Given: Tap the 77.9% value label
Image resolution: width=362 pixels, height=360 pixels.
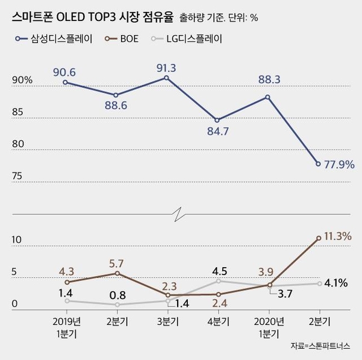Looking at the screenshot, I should point(337,164).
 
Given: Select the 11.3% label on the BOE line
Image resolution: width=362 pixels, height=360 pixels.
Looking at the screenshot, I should point(337,236).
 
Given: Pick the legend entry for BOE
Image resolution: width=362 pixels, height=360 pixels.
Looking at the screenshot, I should point(125,39).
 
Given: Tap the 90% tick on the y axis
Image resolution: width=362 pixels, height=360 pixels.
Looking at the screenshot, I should point(21,80).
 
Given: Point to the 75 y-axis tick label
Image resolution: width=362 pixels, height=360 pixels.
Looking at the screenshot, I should point(16,177).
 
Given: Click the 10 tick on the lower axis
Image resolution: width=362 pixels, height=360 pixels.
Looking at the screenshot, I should point(16,240).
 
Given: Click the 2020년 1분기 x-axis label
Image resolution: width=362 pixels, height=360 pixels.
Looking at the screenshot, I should point(268,326).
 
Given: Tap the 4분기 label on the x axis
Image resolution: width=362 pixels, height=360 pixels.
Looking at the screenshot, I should point(217,321).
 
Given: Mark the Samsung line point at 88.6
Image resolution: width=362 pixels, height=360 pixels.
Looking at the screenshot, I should point(116,95).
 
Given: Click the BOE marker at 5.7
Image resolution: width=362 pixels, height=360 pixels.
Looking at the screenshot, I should point(116,273).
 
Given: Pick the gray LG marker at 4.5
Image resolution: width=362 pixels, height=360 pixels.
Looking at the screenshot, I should point(217,281).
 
